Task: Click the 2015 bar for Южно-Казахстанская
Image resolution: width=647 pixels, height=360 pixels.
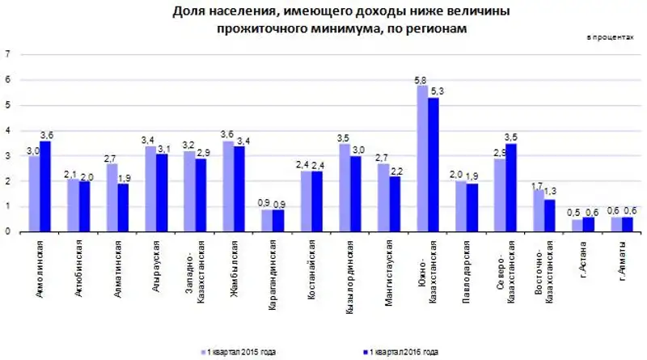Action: (x=422, y=159)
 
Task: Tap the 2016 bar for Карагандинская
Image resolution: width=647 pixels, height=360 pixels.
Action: (x=278, y=221)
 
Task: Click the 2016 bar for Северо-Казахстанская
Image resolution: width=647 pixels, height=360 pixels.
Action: (x=511, y=188)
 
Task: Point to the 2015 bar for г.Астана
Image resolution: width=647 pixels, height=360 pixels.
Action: (x=577, y=225)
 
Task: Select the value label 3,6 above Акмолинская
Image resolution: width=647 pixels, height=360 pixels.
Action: (x=47, y=134)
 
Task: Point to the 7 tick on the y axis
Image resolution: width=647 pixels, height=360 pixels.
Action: (x=7, y=55)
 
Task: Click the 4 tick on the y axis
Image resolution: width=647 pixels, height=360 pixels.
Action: (x=7, y=130)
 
